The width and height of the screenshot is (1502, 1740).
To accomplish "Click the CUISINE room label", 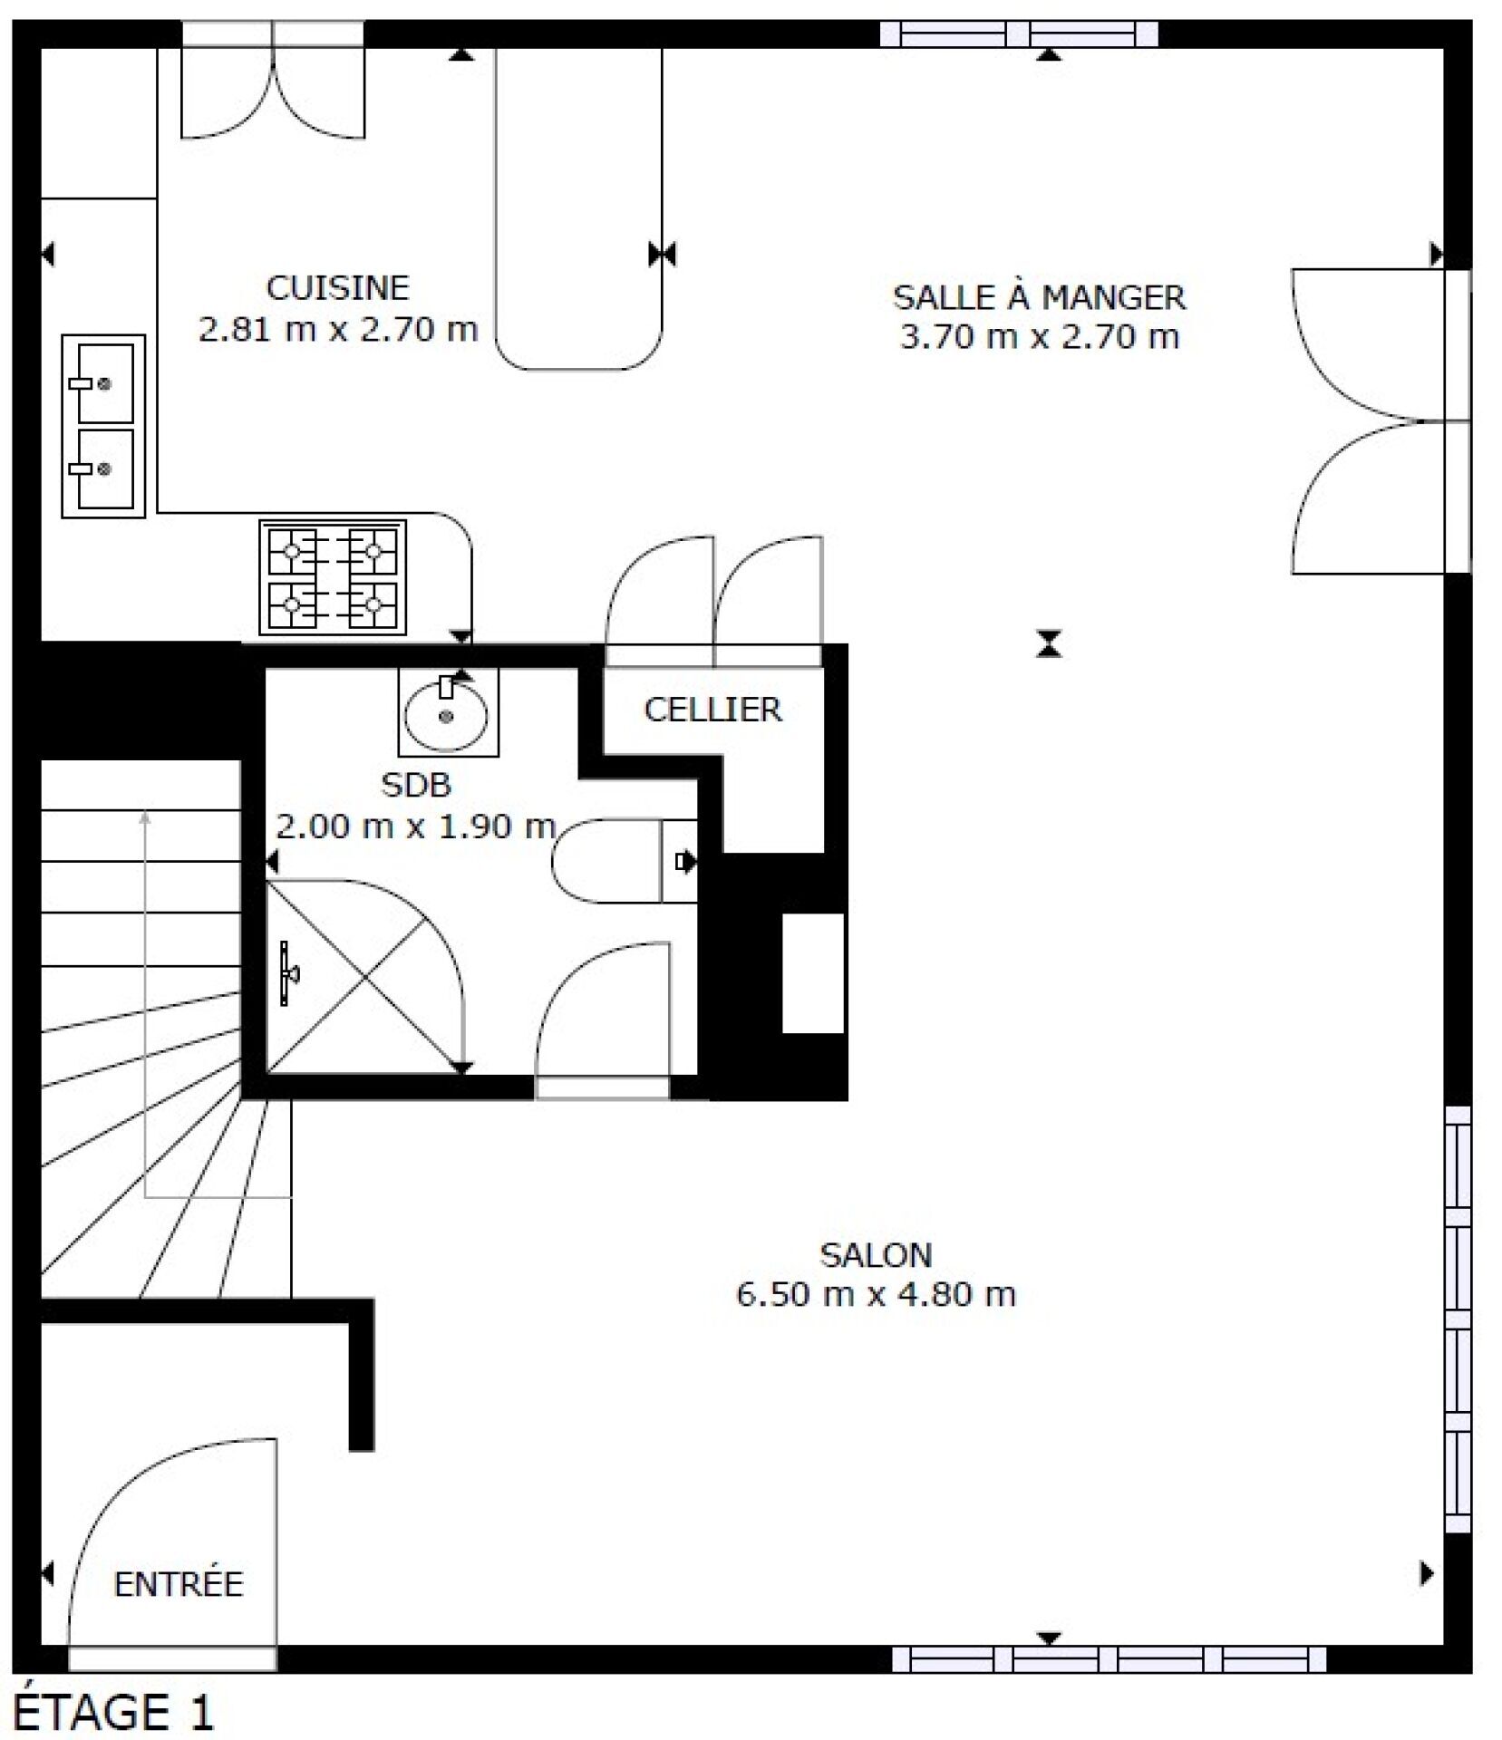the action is [337, 287].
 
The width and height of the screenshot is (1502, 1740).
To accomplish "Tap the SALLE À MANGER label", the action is [1039, 296].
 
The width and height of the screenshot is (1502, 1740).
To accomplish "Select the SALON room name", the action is [876, 1254].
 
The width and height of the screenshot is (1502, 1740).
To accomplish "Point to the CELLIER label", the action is [712, 709].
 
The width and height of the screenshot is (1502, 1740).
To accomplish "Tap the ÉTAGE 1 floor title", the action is [114, 1712].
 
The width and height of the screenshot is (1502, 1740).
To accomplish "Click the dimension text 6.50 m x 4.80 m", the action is [876, 1294].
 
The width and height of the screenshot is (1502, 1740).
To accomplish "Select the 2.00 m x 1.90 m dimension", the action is [415, 826].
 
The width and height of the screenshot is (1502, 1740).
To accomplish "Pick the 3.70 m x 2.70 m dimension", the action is [1039, 336].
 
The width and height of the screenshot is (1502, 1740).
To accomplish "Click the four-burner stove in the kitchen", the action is [333, 576].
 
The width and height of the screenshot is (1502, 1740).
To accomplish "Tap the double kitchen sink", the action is [103, 426].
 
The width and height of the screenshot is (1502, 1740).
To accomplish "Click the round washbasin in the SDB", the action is [447, 712].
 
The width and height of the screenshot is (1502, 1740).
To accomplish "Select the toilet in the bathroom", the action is [625, 860].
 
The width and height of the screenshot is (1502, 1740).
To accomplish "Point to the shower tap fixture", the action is [288, 973].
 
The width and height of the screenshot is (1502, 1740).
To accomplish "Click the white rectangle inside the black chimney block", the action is [813, 973].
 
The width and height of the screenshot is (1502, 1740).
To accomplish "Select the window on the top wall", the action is [1020, 34].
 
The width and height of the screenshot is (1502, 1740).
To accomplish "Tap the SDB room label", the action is [415, 785].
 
